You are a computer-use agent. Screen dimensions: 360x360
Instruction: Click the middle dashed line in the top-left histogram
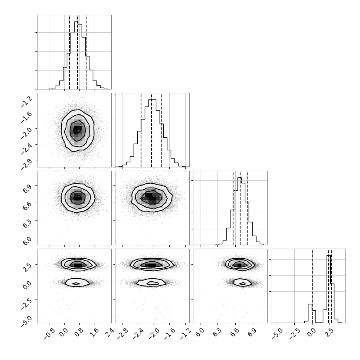click(x=78, y=52)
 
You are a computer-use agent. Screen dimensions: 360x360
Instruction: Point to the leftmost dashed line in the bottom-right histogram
click(x=312, y=286)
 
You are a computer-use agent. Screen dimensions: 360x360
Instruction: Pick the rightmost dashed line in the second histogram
click(x=162, y=130)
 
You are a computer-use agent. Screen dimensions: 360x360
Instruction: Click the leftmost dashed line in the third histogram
click(x=233, y=208)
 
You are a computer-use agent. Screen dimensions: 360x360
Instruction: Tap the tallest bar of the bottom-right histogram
click(x=328, y=289)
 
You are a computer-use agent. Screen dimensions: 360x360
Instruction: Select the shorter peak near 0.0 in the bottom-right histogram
click(x=310, y=313)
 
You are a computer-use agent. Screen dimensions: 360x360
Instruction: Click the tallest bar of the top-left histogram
click(x=76, y=55)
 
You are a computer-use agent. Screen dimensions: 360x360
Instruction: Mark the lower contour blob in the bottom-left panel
click(x=77, y=282)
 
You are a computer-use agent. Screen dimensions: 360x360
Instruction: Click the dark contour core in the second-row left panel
click(x=77, y=130)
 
